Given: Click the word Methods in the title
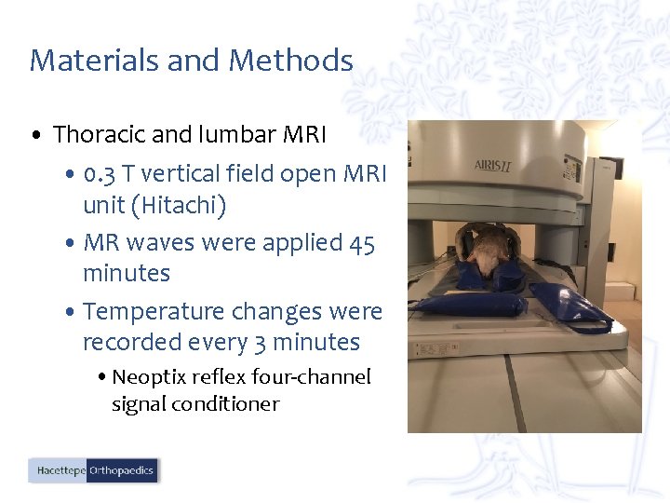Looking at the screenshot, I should tap(290, 61).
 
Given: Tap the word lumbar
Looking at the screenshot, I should tap(236, 134).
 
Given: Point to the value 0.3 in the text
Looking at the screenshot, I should tap(98, 174).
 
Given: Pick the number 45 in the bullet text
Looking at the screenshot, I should tap(362, 243).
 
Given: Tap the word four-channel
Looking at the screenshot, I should tap(318, 376).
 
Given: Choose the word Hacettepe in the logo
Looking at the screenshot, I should tap(60, 471).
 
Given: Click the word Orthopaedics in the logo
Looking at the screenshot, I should tap(122, 471).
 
